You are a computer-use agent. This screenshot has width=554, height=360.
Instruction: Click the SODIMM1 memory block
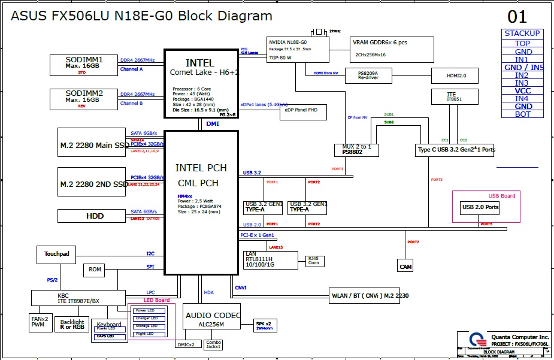(x=84, y=65)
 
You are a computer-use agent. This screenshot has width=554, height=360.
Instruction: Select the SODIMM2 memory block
(x=84, y=99)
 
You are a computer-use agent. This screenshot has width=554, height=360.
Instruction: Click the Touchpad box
(x=57, y=255)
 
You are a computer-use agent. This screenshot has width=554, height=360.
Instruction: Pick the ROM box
(x=95, y=270)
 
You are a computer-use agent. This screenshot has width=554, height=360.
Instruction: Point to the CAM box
(x=405, y=266)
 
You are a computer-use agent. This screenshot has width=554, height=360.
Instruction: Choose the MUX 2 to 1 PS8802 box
(x=356, y=150)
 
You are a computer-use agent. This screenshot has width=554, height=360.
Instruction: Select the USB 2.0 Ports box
(x=480, y=208)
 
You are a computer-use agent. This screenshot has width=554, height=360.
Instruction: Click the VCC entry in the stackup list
(x=522, y=91)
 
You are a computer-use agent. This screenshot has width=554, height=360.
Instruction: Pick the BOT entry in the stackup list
(x=522, y=114)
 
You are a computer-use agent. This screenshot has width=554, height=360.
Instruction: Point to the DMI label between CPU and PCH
(x=213, y=124)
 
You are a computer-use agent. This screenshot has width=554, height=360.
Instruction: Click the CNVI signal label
(x=241, y=288)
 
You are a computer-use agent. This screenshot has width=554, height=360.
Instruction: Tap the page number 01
(x=517, y=16)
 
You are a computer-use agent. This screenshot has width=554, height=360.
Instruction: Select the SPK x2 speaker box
(x=264, y=325)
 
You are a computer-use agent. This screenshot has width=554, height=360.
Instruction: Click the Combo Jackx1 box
(x=213, y=344)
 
